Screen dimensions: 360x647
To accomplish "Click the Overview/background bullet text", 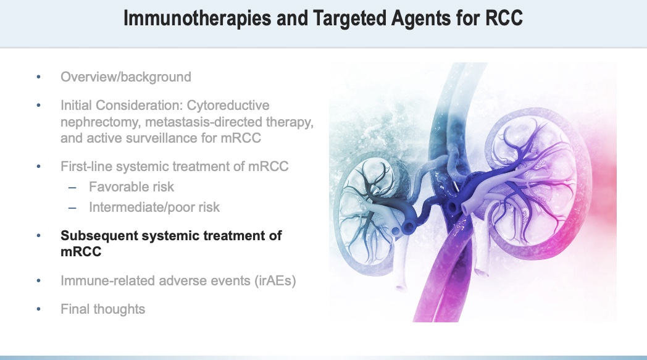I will pyautogui.click(x=126, y=77).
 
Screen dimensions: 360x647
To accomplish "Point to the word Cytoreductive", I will pyautogui.click(x=229, y=106).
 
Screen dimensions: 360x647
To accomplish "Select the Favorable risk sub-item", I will pyautogui.click(x=131, y=186).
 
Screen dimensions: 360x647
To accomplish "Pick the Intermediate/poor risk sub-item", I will pyautogui.click(x=154, y=207).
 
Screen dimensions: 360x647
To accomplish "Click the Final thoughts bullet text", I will pyautogui.click(x=102, y=309).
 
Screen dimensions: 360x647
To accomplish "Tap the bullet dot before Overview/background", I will pyautogui.click(x=38, y=78).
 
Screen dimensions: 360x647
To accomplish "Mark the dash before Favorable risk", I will pyautogui.click(x=73, y=186).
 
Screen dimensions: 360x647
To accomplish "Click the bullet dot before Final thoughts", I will pyautogui.click(x=38, y=309).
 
